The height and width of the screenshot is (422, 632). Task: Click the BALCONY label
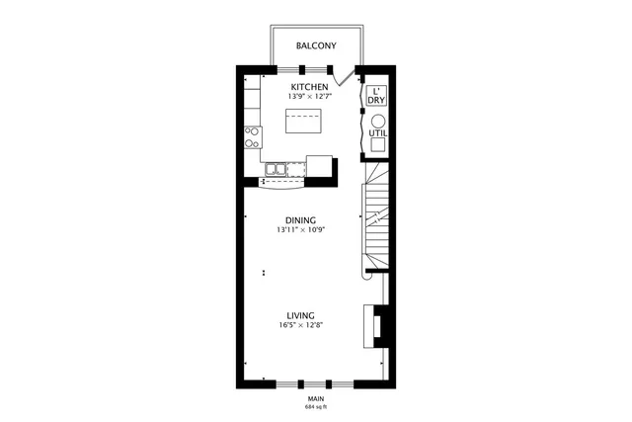click(316, 45)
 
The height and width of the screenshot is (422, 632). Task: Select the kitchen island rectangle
click(304, 123)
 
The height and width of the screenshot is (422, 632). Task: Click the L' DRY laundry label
click(376, 97)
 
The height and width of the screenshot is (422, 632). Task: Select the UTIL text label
click(377, 133)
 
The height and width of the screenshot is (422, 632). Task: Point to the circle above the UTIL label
click(377, 121)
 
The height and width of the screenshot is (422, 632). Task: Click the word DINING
click(300, 219)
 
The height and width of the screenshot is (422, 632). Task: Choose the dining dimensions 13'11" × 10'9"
click(300, 229)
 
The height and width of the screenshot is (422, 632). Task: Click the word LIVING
click(300, 315)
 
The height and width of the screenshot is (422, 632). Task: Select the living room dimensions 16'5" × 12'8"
click(300, 325)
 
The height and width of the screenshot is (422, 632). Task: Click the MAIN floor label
click(316, 398)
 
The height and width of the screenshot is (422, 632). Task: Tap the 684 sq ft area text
click(316, 406)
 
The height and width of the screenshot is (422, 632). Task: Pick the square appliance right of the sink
click(320, 165)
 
